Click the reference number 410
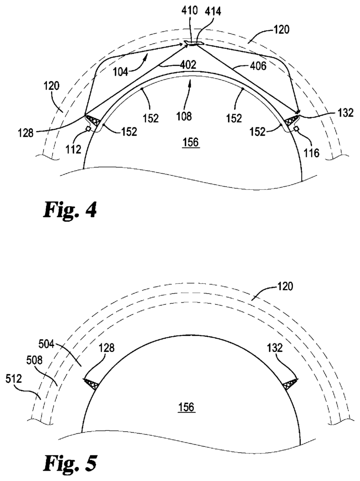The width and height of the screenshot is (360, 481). point(189,12)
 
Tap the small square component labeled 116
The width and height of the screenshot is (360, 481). point(297,129)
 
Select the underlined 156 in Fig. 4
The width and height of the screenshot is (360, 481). point(191,143)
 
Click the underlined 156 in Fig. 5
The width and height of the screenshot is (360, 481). point(187,407)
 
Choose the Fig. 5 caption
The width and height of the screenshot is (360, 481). point(70,464)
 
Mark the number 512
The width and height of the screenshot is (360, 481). point(14,379)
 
